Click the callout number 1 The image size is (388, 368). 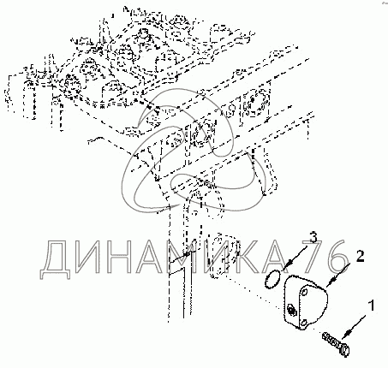(x=371, y=306)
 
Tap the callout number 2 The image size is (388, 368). (x=360, y=256)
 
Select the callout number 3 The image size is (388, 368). (x=313, y=237)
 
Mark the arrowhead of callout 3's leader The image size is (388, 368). (x=289, y=264)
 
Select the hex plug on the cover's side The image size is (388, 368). (x=290, y=310)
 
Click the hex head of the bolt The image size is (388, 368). (x=344, y=350)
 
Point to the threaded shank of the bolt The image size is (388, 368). (x=331, y=340)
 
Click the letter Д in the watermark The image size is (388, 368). (x=55, y=259)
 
